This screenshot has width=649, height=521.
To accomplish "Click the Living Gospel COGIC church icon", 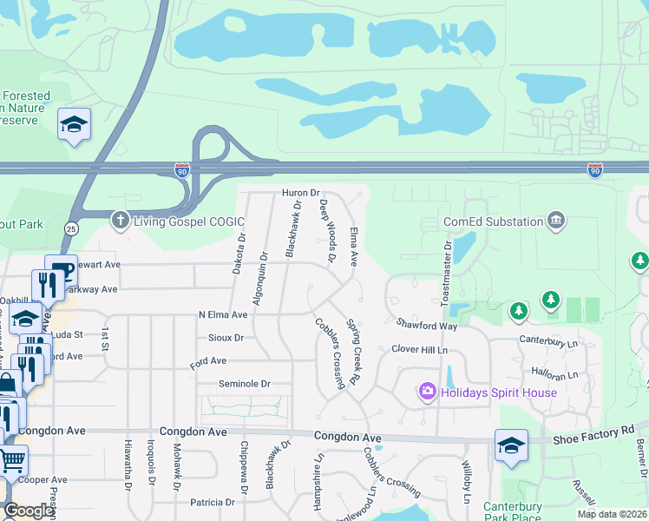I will coord(121,221).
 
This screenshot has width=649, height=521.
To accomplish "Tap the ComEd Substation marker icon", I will coord(556,221).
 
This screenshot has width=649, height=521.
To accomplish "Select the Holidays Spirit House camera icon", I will coord(427,392).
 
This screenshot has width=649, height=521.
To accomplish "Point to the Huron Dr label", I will coord(300,193).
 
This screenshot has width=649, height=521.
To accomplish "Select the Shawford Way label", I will coord(427,326).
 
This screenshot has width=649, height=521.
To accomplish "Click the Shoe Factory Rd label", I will coord(595,432).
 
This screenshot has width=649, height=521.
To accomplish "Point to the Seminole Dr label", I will coord(244,384).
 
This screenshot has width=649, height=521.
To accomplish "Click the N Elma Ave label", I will coord(229,314).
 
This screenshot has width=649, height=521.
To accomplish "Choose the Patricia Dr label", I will coord(219,502).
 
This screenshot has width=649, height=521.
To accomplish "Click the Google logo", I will coord(29,511).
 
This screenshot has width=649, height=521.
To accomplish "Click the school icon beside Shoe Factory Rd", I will coord(511,445).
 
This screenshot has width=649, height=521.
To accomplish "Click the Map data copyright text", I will coord(612,514).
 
